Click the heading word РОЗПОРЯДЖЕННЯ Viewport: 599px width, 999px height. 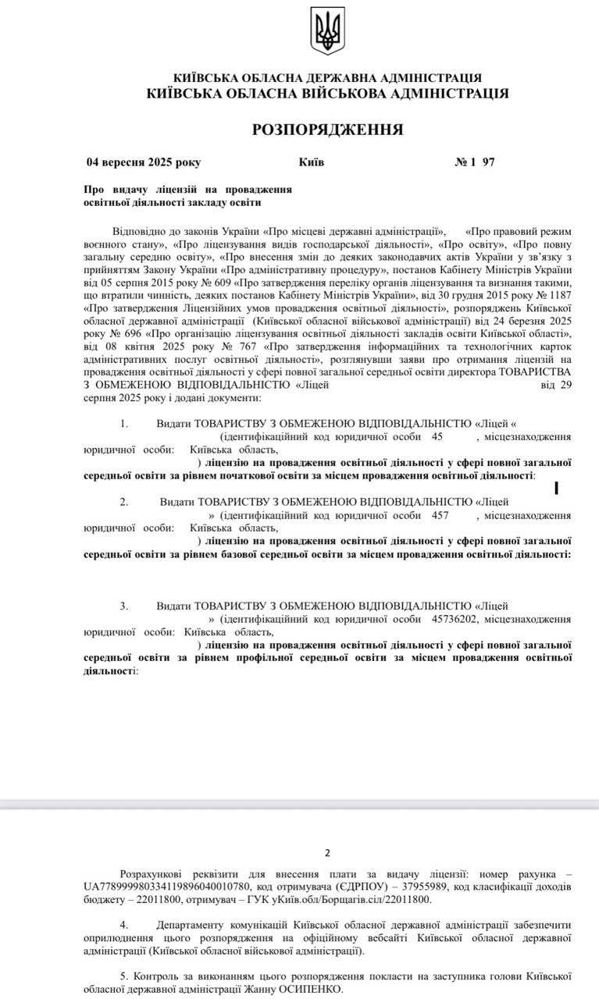click(x=328, y=130)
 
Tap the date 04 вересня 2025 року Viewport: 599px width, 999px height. click(x=144, y=162)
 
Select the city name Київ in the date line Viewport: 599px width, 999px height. click(x=312, y=162)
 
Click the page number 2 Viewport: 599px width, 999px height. click(x=328, y=852)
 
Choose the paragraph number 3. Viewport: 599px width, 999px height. click(x=123, y=606)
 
